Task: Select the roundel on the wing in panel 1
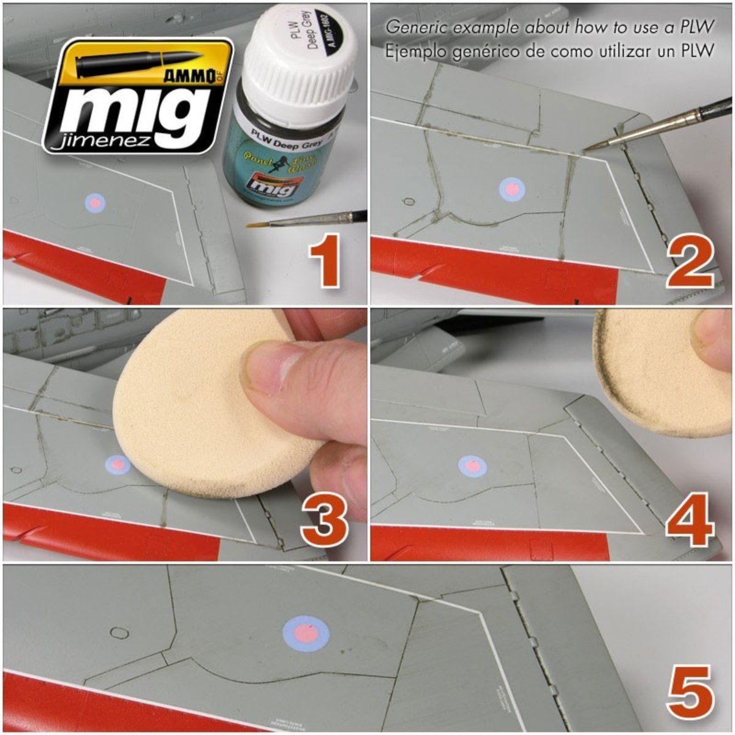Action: click(x=95, y=202)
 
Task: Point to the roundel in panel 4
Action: click(x=472, y=466)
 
